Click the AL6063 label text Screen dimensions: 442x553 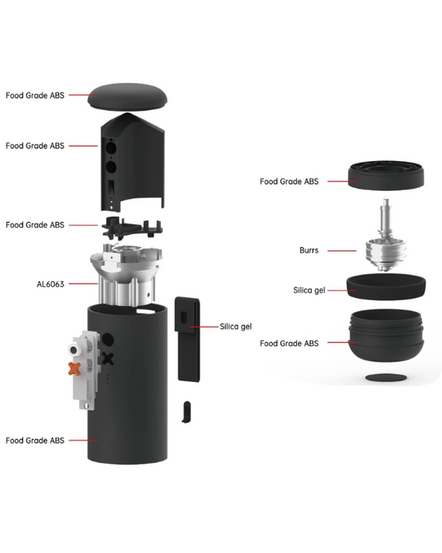(50, 284)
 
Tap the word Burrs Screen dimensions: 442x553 (309, 250)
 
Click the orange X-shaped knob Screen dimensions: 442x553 (74, 369)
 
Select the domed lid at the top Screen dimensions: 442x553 (128, 97)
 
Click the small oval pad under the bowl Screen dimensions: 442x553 (386, 378)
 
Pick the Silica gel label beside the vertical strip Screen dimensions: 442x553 (236, 327)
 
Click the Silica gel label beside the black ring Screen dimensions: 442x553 (309, 290)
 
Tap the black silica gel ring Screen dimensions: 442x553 (386, 286)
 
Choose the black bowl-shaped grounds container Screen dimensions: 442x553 (386, 335)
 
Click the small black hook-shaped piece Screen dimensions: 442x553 (187, 411)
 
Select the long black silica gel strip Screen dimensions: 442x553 (188, 339)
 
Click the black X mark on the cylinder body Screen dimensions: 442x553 (108, 359)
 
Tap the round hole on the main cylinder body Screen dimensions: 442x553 (108, 340)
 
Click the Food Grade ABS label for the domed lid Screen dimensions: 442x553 (35, 96)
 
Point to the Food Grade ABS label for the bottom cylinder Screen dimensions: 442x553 (35, 440)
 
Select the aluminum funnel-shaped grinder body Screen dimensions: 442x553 (126, 274)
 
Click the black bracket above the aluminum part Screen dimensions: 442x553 (133, 228)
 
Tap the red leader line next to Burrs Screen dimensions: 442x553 (342, 251)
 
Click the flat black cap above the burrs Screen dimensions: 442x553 (386, 175)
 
